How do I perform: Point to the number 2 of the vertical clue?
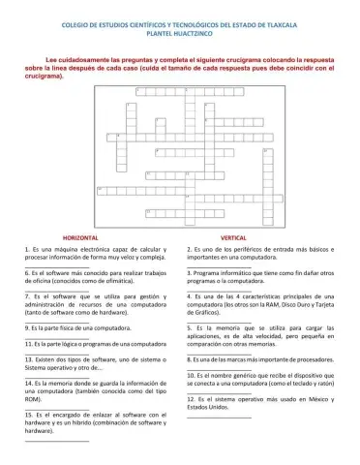[190, 250]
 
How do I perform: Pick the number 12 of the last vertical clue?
[192, 398]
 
